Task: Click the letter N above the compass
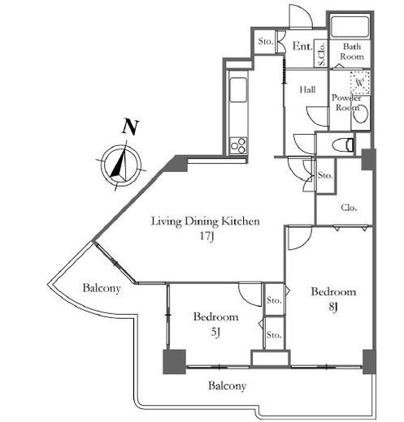pyautogui.click(x=130, y=127)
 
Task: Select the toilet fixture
pyautogui.click(x=343, y=144)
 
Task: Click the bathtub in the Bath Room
pyautogui.click(x=350, y=27)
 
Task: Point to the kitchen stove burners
pyautogui.click(x=238, y=145)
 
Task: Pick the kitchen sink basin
pyautogui.click(x=238, y=89)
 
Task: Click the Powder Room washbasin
pyautogui.click(x=361, y=114)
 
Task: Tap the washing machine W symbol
pyautogui.click(x=360, y=83)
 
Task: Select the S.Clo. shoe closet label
pyautogui.click(x=322, y=54)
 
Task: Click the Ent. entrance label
pyautogui.click(x=302, y=46)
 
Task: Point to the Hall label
pyautogui.click(x=307, y=89)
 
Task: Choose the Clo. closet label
pyautogui.click(x=349, y=208)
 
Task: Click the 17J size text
pyautogui.click(x=207, y=236)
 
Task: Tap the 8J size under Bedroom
pyautogui.click(x=333, y=307)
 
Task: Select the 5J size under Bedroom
pyautogui.click(x=215, y=332)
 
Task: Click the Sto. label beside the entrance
pyautogui.click(x=265, y=41)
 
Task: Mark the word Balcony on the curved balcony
pyautogui.click(x=102, y=288)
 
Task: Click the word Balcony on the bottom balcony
pyautogui.click(x=228, y=386)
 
